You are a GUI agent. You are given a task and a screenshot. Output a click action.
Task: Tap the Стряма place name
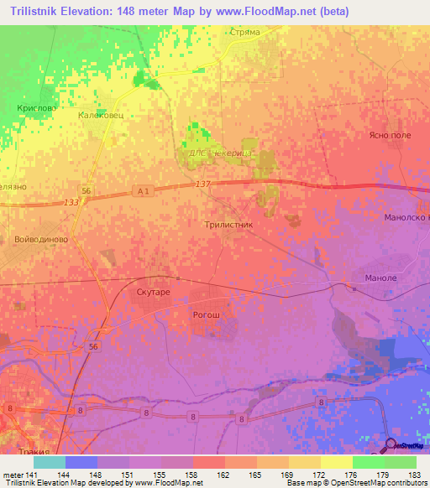point(244,32)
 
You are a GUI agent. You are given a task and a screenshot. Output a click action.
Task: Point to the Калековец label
point(100,116)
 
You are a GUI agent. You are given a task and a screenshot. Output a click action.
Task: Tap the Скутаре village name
point(153,291)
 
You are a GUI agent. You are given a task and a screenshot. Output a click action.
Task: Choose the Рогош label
point(207,314)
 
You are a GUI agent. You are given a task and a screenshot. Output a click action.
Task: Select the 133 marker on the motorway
point(71,202)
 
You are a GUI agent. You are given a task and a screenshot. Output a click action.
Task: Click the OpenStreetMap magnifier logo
point(392,445)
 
